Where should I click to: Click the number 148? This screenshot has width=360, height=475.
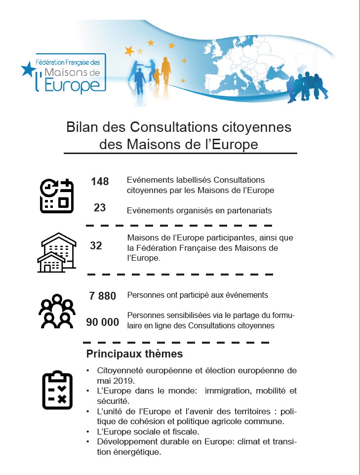[x=100, y=182]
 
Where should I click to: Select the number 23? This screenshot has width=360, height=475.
[x=100, y=208]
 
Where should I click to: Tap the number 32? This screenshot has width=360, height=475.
[x=96, y=245]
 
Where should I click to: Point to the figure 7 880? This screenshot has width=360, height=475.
[x=103, y=296]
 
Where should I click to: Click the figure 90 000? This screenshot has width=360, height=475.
[x=103, y=322]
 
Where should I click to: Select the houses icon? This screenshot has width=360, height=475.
[x=57, y=253]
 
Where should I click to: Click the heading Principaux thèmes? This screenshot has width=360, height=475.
[x=134, y=354]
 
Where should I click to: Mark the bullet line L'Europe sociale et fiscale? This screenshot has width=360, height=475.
[x=145, y=432]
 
